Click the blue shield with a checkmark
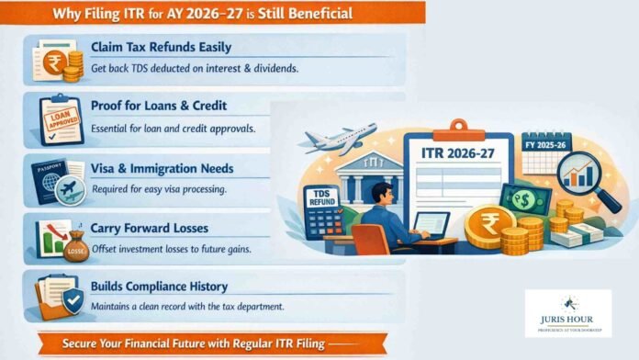pyautogui.click(x=71, y=300)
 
